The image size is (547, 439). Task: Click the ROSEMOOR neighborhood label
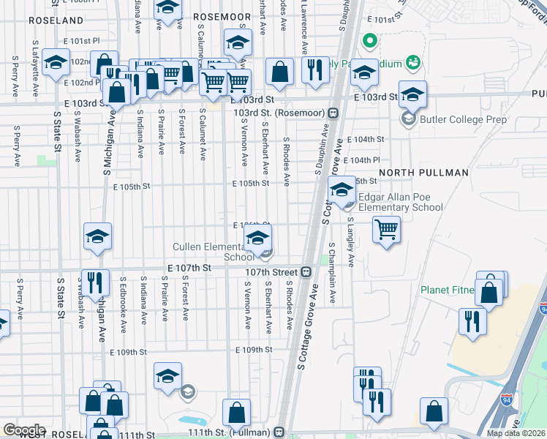click(x=222, y=15)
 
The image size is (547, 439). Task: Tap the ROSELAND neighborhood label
click(x=56, y=20)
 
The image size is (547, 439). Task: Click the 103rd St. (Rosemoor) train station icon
click(x=333, y=113)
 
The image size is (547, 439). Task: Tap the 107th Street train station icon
click(x=307, y=271)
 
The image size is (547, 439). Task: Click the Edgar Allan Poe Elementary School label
click(x=400, y=202)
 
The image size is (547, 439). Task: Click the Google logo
click(x=24, y=429)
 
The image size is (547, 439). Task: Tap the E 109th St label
click(x=254, y=350)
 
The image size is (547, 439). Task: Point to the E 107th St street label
click(x=189, y=269)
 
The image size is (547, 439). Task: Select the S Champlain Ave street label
click(x=332, y=272)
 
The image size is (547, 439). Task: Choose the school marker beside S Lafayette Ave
click(x=56, y=63)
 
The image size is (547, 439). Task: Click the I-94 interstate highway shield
click(x=508, y=401)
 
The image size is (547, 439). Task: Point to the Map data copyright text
click(x=516, y=433)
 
